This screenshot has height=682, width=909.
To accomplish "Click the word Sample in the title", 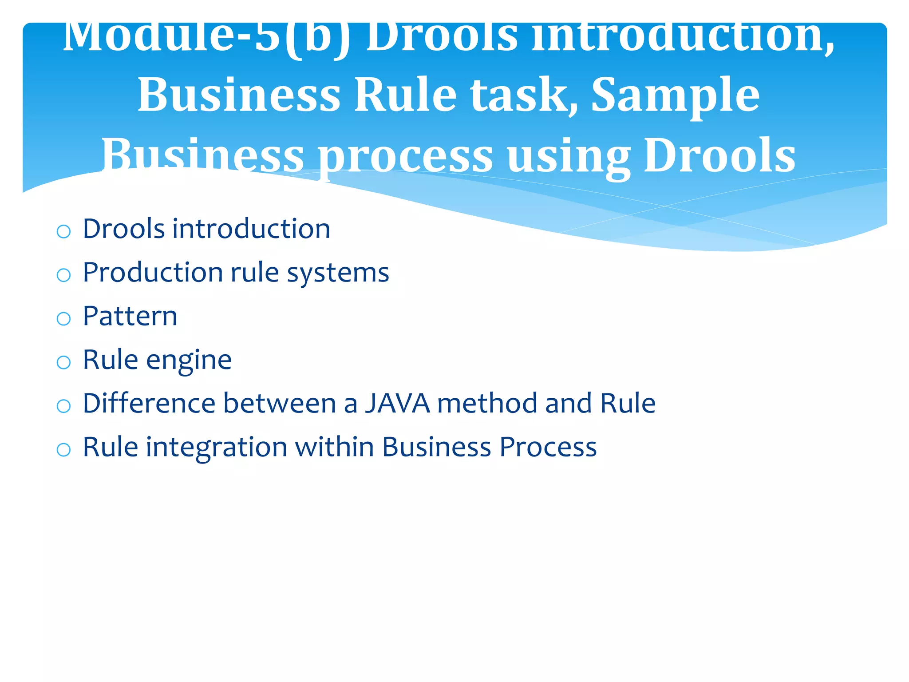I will coord(675,95).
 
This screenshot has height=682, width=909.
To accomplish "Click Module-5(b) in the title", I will coord(206,38).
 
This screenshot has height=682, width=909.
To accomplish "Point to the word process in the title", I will coord(406,156).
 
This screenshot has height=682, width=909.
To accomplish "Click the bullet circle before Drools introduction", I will coord(64,231).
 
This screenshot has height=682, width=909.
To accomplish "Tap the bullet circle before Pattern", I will coord(64,318).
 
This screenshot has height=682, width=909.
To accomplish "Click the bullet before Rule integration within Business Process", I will coord(64,449).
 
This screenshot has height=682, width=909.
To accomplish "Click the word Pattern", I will coord(130,316).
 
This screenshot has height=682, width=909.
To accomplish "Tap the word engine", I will coord(189,360).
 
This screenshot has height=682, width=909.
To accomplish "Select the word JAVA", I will coord(397,403).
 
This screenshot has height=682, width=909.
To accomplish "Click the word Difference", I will coord(149,403).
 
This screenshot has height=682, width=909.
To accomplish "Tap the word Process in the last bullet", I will coord(548,447).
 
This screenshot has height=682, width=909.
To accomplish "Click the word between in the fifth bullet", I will coord(279,403).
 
